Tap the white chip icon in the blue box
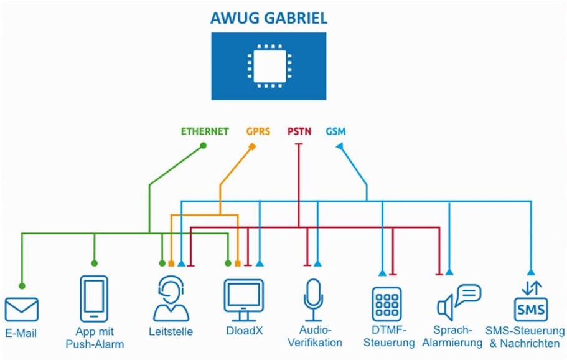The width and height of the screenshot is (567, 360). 269,66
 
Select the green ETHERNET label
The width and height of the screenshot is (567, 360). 205,131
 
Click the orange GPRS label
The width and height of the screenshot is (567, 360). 258,131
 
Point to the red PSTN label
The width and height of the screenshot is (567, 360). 299,131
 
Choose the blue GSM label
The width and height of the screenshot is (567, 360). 335,131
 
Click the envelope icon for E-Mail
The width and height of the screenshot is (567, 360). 22,310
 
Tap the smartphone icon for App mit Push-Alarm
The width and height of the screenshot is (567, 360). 94,298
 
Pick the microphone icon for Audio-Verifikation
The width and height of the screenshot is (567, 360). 313,299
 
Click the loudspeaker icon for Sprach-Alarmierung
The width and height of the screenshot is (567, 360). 459,300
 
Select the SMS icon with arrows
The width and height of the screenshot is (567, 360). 531,301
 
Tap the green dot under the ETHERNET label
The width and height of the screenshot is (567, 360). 203,146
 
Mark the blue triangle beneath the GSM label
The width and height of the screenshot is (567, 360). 339,146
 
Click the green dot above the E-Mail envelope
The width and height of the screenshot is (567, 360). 22,286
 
